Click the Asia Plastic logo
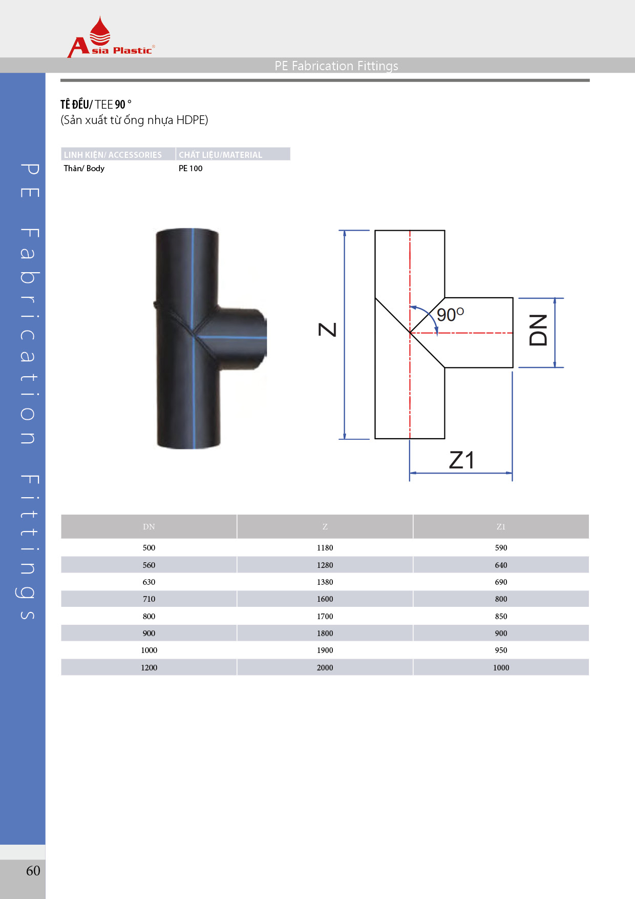[111, 37]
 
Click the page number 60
[33, 871]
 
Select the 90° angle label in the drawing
[450, 314]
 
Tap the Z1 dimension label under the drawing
[461, 460]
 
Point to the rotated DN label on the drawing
[538, 331]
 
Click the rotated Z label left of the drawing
[328, 330]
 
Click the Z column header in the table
[325, 526]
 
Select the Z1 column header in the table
[501, 526]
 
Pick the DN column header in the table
[149, 526]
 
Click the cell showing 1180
[325, 548]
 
